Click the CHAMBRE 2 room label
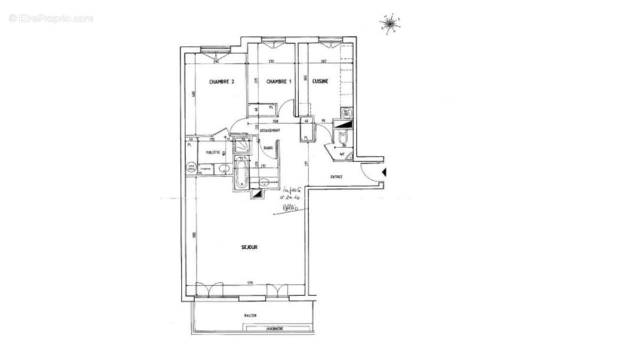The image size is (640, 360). pyautogui.click(x=221, y=82)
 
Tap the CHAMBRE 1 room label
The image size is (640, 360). pyautogui.click(x=279, y=82)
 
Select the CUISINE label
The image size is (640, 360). pyautogui.click(x=320, y=82)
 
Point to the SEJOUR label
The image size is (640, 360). pyautogui.click(x=249, y=247)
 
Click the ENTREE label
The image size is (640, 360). pyautogui.click(x=336, y=177)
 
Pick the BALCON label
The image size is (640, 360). pyautogui.click(x=250, y=316)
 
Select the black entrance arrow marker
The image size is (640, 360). pyautogui.click(x=385, y=172)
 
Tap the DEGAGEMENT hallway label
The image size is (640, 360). pyautogui.click(x=270, y=131)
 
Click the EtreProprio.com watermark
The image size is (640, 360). pyautogui.click(x=51, y=18)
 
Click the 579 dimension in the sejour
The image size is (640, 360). pyautogui.click(x=249, y=283)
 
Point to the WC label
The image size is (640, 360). pyautogui.click(x=343, y=155)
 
